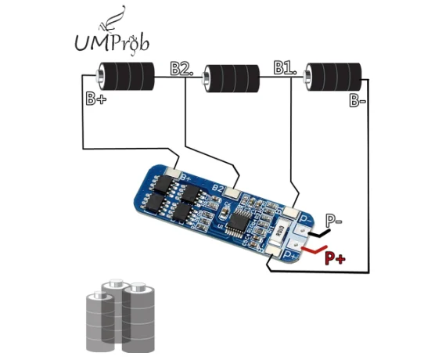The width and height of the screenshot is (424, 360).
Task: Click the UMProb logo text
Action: coord(112,43)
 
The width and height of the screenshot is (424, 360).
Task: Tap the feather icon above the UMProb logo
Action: coord(112,19)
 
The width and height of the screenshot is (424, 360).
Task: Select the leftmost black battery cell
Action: coord(125,76)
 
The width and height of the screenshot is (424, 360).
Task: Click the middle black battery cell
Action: coord(231,78)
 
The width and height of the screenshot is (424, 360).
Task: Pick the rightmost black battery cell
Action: coord(332,77)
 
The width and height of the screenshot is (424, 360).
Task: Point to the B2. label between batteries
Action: coord(181,69)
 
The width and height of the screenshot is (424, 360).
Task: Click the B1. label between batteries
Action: coord(285,67)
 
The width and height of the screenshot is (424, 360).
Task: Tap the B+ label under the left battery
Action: coord(96,99)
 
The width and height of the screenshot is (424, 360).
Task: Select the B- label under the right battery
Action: coord(358,101)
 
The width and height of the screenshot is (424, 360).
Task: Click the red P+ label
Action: coord(335,258)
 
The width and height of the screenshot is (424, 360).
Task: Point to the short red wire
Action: coord(314,250)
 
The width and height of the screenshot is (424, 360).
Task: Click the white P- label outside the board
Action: coord(333,221)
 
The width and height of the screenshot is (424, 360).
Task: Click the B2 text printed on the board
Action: coord(217,188)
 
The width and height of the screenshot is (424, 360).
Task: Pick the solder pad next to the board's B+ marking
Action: coord(173,171)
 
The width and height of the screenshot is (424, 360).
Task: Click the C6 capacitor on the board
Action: coord(224,214)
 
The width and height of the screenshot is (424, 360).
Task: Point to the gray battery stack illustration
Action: coord(120,316)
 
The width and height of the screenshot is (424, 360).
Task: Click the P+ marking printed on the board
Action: coord(291,255)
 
